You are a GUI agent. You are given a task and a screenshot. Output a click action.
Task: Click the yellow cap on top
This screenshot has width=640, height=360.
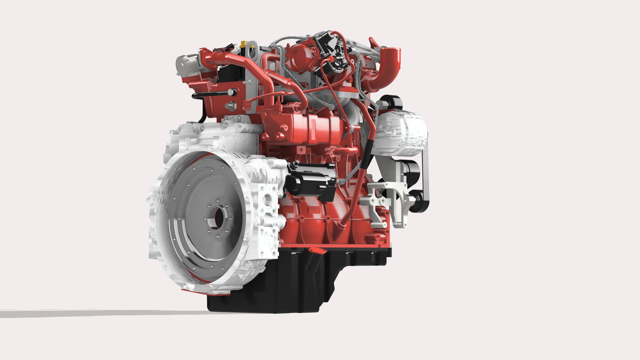pos(243,44)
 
